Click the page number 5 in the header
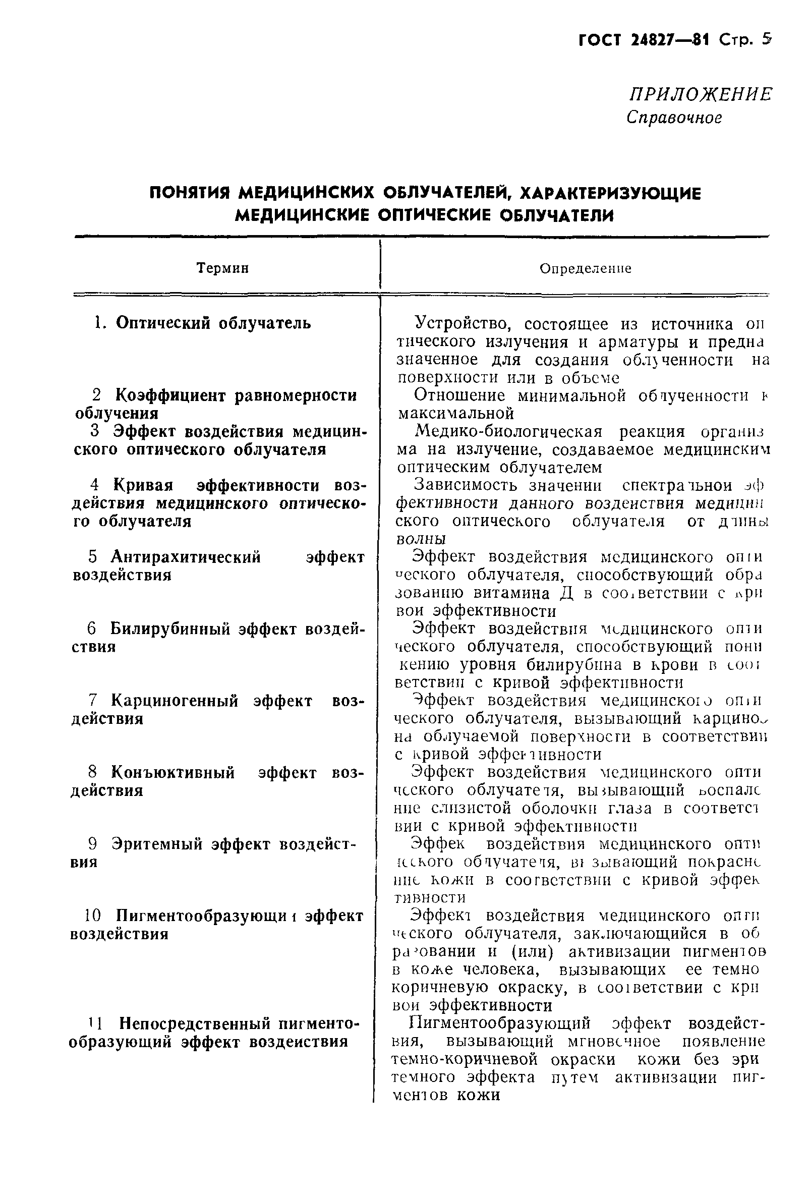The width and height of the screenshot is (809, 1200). pos(766,40)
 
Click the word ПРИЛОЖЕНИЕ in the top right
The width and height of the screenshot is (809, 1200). pos(700,95)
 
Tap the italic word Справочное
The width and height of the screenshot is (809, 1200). pos(674,118)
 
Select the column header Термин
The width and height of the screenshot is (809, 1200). pos(223,268)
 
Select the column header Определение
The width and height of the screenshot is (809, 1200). pos(585,269)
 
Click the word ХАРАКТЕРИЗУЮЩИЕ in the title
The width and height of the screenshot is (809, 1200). pos(610,194)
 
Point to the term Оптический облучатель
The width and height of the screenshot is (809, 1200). pos(213,323)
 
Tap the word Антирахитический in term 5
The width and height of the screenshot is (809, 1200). pos(186,557)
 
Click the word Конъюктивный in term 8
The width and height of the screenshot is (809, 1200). pos(173,772)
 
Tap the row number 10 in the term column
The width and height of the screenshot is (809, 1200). pos(94,916)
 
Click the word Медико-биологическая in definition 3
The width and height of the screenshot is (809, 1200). pos(508,431)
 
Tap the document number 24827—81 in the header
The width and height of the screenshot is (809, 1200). pos(669,40)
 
